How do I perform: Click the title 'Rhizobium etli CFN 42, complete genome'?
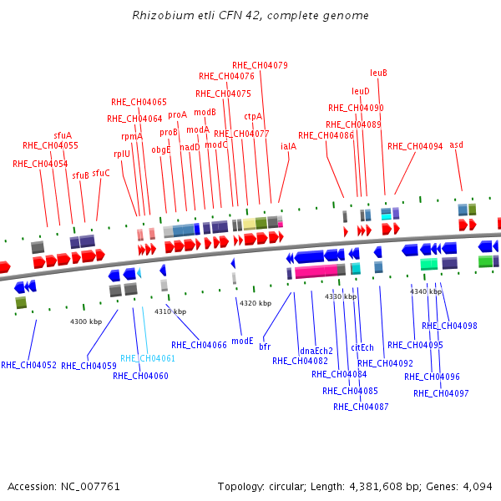point(250,15)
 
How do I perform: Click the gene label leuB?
point(378,73)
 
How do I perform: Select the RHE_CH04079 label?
point(260,65)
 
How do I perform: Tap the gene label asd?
point(456,144)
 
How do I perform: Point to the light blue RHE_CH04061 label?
point(148,358)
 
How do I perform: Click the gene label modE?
point(242,341)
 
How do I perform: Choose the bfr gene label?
point(265,347)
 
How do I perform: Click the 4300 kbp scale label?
point(86,321)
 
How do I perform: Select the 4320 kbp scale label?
point(256,303)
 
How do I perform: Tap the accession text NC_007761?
point(90,487)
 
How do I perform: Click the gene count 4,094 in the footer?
point(478,487)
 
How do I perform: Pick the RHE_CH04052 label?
point(28,365)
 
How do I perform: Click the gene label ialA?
point(289,146)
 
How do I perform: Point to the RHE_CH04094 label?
point(415,146)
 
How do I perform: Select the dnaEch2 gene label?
point(316,352)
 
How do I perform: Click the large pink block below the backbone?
point(316,271)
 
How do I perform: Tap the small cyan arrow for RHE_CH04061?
point(139,273)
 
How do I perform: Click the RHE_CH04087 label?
point(361,407)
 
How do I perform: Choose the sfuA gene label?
point(63,135)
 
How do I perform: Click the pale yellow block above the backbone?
point(249,224)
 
